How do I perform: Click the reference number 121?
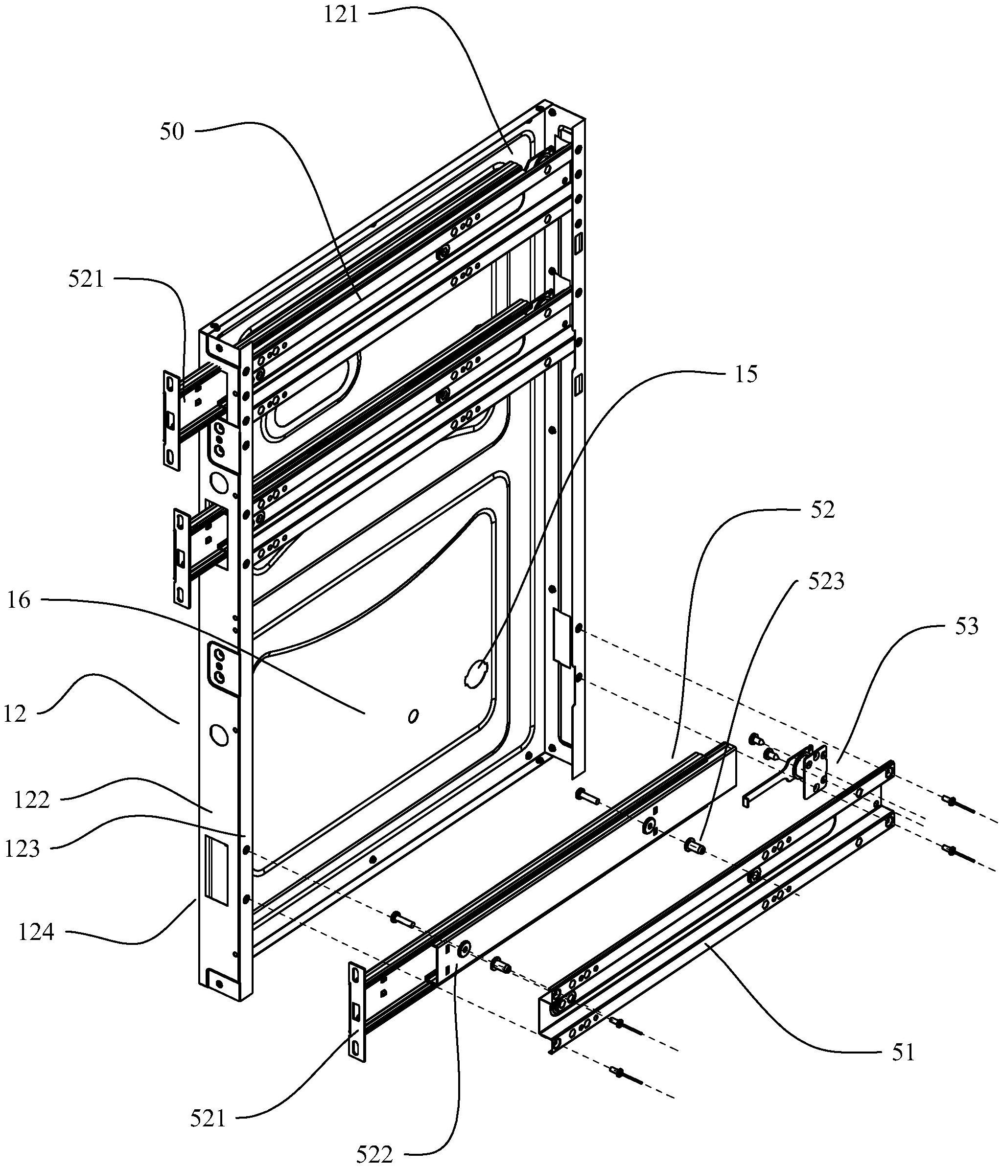pos(341,14)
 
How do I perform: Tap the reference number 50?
pos(172,132)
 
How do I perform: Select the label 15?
pos(746,375)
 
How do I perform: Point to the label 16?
pos(19,601)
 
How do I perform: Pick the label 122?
pos(31,800)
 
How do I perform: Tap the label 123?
pos(23,849)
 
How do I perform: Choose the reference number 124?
pos(36,932)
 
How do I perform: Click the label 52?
pos(822,510)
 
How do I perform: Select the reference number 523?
pos(826,582)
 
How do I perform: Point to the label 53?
pos(966,627)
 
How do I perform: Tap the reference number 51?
pos(903,1053)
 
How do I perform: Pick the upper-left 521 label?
pos(86,279)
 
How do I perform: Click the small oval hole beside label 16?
pos(413,716)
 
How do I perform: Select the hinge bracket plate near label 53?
pos(815,771)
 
